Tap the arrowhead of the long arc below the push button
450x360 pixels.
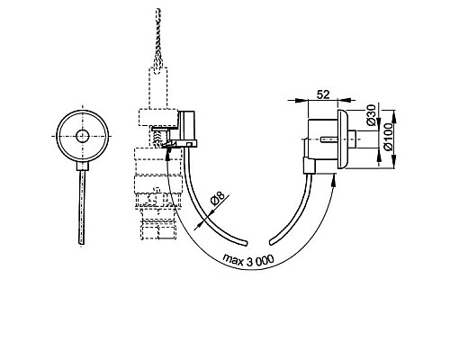point(337,179)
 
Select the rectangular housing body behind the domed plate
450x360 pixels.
point(321,137)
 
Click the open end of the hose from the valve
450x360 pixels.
point(245,240)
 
